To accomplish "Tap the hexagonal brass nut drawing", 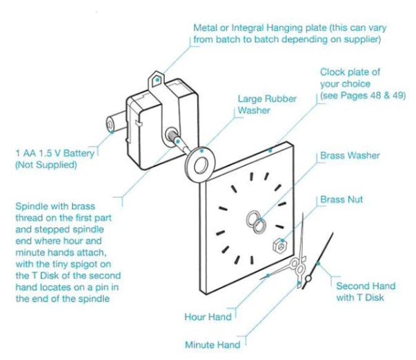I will click(x=281, y=244).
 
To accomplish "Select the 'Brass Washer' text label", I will click(x=350, y=156).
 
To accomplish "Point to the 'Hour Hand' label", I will click(x=208, y=317).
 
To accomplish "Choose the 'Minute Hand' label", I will click(x=212, y=344).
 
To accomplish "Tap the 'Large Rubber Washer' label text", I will click(x=267, y=104).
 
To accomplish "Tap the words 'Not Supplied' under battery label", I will click(x=48, y=166).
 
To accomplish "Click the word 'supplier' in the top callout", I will click(x=363, y=40).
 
